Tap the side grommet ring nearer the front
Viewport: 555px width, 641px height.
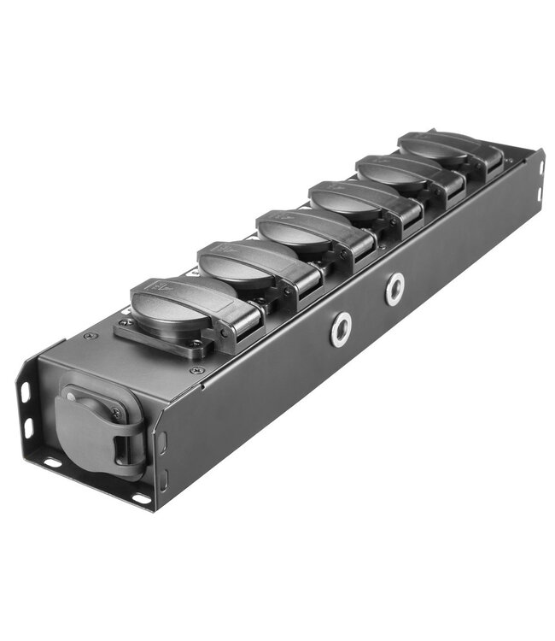pyautogui.click(x=341, y=328)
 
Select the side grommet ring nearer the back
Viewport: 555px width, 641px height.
pyautogui.click(x=394, y=290)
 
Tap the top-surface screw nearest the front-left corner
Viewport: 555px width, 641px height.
pyautogui.click(x=91, y=336)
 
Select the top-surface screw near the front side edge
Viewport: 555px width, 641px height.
pyautogui.click(x=199, y=369)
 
